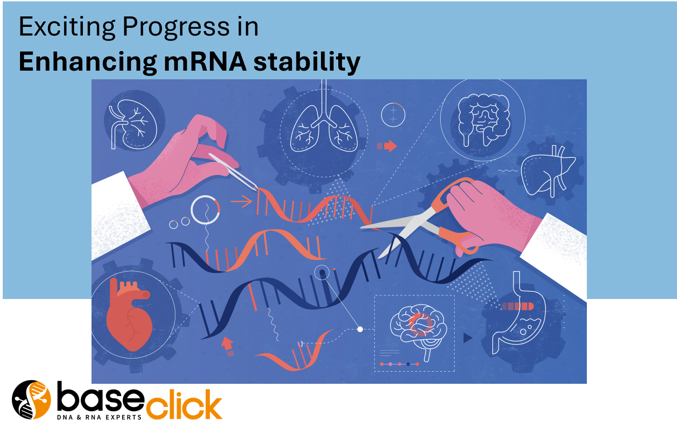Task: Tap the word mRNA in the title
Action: (205, 62)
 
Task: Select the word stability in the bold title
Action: (307, 62)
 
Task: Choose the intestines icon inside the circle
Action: (484, 119)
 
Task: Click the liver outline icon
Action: (548, 171)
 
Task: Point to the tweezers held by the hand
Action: (233, 171)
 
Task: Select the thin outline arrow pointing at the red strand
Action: (241, 201)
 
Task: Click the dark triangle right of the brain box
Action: (468, 338)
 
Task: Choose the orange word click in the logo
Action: (184, 404)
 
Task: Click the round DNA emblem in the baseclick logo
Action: (31, 400)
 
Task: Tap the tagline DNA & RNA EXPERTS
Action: (99, 418)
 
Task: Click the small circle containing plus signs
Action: (393, 115)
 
